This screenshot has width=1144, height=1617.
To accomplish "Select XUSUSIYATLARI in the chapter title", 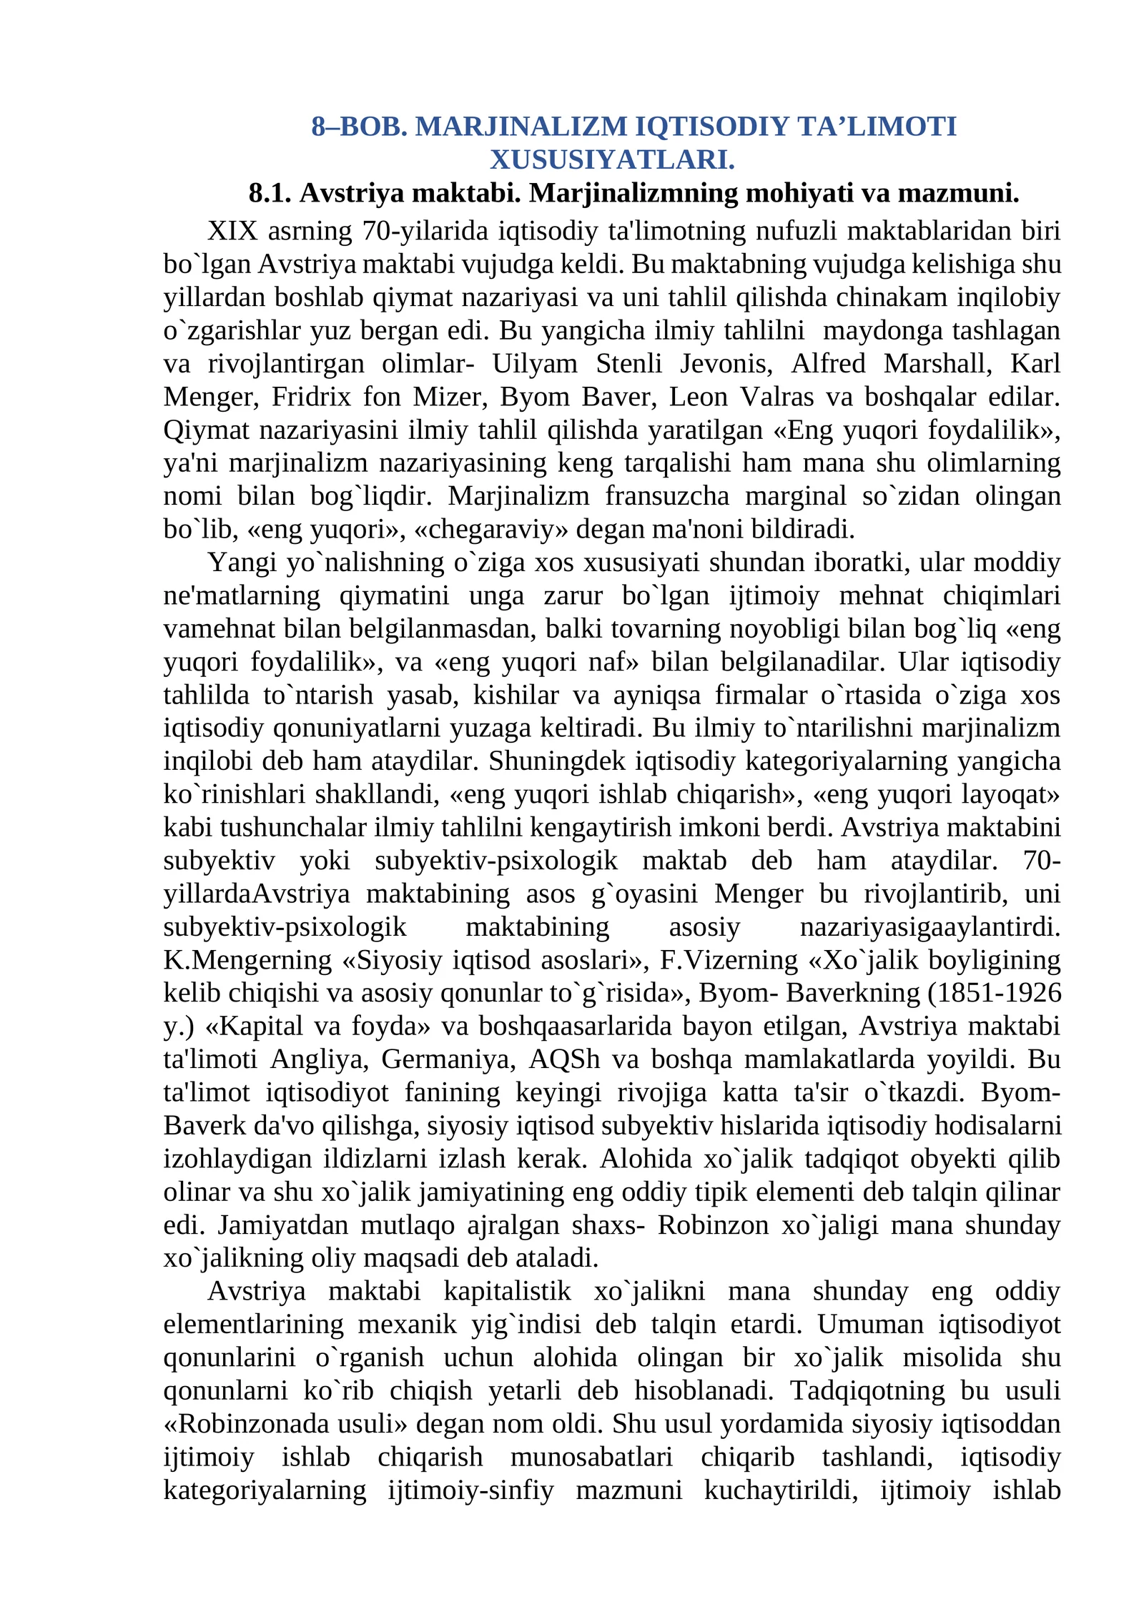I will tap(612, 159).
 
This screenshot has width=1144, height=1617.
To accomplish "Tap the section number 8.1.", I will tap(270, 193).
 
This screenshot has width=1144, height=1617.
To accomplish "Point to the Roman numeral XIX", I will tap(232, 231).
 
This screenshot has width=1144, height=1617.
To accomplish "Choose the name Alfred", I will tap(828, 363).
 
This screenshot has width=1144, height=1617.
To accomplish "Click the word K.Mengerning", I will tap(247, 959).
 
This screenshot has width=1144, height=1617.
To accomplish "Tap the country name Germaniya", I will tap(448, 1059).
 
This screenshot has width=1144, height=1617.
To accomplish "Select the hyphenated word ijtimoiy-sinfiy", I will tap(470, 1490).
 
